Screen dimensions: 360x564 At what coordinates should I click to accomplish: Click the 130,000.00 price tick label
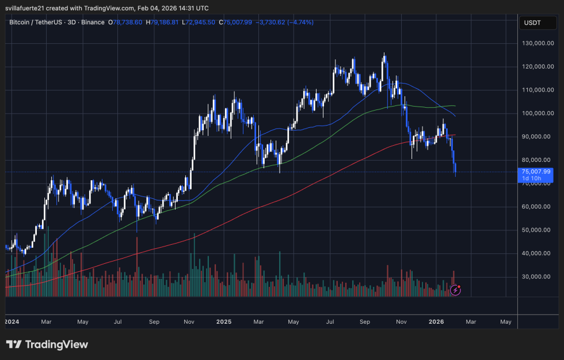[538, 43]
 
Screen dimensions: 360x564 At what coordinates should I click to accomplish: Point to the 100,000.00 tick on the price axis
[538, 113]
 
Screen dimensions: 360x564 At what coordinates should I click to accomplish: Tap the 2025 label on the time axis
[223, 321]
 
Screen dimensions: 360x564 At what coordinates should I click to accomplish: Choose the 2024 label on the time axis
[12, 321]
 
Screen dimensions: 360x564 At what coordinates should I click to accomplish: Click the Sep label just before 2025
[154, 321]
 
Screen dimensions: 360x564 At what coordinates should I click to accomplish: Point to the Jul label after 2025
[330, 321]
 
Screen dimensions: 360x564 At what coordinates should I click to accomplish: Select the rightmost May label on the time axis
[506, 321]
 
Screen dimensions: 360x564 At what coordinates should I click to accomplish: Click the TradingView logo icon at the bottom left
[14, 344]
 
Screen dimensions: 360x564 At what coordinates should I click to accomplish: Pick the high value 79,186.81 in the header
[167, 22]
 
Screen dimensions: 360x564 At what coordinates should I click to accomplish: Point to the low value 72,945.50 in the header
[200, 22]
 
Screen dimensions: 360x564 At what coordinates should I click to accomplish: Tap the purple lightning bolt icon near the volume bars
[455, 290]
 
